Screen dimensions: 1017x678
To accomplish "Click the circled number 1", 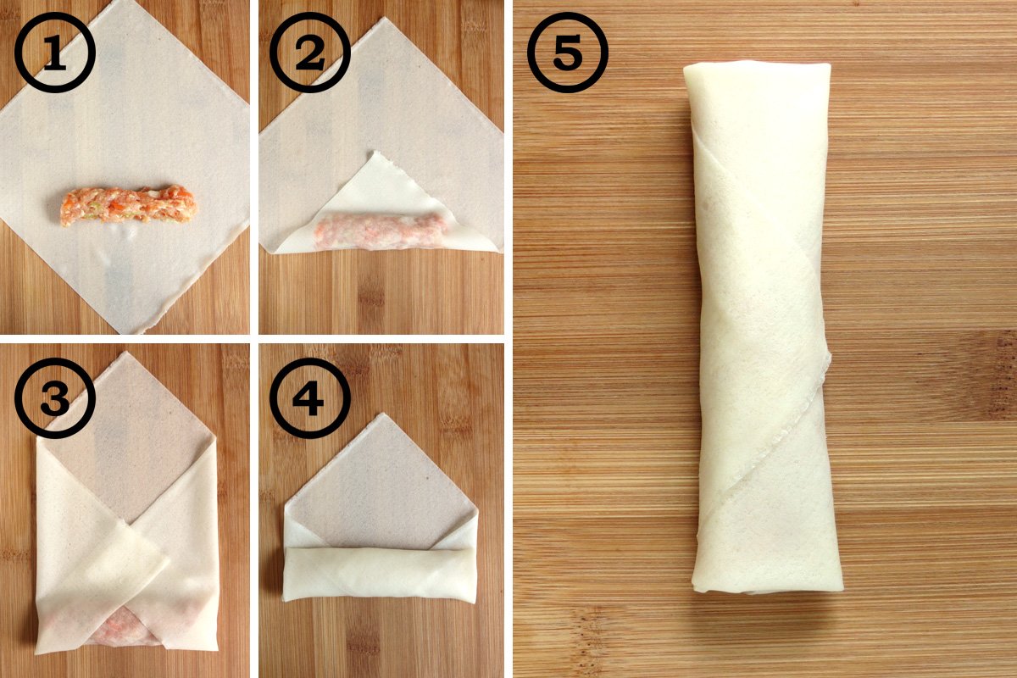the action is click(55, 53).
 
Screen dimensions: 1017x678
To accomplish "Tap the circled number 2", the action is click(310, 53).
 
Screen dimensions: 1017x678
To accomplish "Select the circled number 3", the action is click(55, 398).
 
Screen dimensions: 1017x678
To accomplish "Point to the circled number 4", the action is click(310, 398).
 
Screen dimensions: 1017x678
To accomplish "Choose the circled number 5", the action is click(568, 53).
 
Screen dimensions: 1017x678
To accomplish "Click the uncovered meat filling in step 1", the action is click(129, 205).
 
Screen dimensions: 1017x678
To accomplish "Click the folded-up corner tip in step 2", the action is click(375, 153).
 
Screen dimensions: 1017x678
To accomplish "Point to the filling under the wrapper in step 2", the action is click(381, 231).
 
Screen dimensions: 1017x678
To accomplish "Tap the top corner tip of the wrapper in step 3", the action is click(122, 353).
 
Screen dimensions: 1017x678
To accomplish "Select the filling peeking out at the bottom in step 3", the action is click(123, 630).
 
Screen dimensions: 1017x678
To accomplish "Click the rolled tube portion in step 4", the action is click(380, 574).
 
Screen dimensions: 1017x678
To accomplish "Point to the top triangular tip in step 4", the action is click(384, 415).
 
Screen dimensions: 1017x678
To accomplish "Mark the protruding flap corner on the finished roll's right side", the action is click(829, 358).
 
